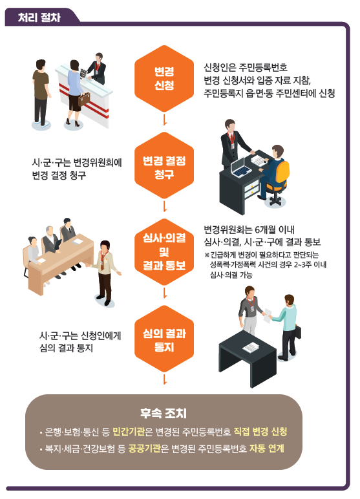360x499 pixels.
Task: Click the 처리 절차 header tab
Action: [40, 17]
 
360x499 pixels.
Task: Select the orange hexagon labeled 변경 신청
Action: [164, 78]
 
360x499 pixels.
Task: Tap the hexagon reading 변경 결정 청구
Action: [164, 166]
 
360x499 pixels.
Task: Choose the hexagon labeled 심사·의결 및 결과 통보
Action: [164, 252]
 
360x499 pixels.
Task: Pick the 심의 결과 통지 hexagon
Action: [164, 339]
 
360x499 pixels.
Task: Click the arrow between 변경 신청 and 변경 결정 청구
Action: [165, 120]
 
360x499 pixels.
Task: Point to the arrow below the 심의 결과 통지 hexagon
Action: [165, 379]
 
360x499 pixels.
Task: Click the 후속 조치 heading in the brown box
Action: [164, 413]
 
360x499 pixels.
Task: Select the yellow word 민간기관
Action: [129, 432]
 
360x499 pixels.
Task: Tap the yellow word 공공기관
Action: [144, 449]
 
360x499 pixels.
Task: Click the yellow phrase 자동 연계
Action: [266, 449]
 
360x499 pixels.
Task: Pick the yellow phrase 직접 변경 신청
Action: [260, 432]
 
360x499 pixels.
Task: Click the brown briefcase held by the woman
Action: [84, 100]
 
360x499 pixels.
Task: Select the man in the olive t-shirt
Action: [41, 93]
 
